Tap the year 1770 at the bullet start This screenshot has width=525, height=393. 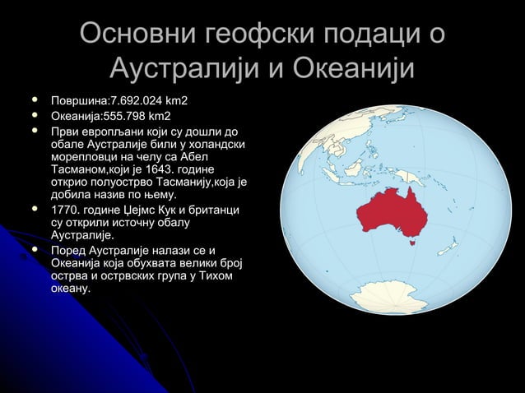(x=66, y=212)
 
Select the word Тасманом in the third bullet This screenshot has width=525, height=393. (x=85, y=169)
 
